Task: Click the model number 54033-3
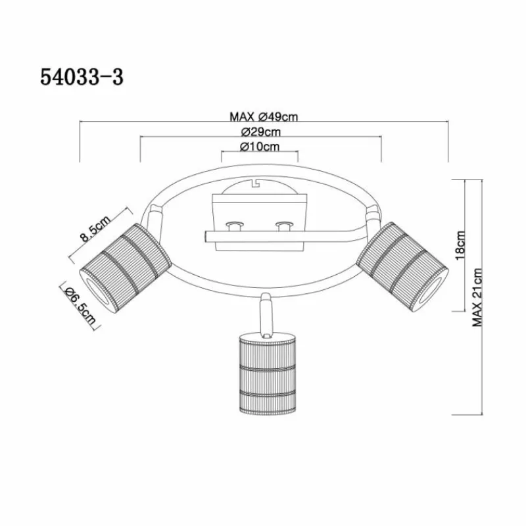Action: pyautogui.click(x=82, y=78)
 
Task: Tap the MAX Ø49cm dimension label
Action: pyautogui.click(x=264, y=117)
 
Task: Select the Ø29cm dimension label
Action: pyautogui.click(x=260, y=132)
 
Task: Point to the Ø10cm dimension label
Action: pyautogui.click(x=260, y=147)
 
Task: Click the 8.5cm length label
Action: pyautogui.click(x=95, y=229)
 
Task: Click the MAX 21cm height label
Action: pyautogui.click(x=477, y=297)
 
